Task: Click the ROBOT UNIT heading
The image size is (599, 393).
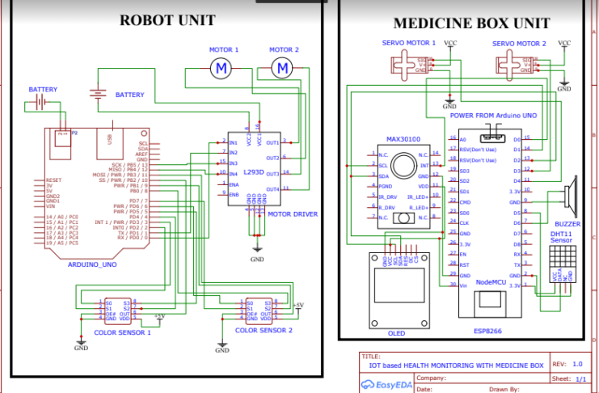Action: (168, 20)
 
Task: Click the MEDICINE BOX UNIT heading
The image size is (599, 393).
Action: (466, 23)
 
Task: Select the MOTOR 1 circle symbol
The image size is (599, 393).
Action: (221, 70)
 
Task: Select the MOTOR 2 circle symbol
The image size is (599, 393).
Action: (282, 70)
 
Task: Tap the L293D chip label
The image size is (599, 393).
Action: (254, 171)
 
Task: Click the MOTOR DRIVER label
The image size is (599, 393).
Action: (292, 214)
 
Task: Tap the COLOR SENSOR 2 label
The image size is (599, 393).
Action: (264, 330)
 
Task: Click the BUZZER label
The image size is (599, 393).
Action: (567, 223)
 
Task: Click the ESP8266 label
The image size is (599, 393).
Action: (487, 331)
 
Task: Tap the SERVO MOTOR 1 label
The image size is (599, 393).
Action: (408, 43)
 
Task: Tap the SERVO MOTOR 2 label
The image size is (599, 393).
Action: (519, 43)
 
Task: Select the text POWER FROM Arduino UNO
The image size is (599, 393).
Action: (493, 116)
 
